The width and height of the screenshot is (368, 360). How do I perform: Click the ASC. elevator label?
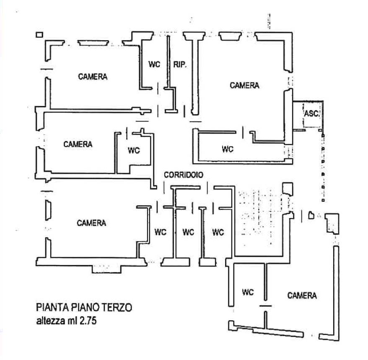(312, 114)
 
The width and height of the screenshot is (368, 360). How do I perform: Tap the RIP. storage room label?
(180, 64)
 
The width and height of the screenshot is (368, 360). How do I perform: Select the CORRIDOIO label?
(184, 175)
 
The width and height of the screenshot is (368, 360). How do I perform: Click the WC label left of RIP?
(154, 64)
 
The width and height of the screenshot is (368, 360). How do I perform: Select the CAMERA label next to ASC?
(244, 85)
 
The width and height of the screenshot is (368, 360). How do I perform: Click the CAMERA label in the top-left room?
(93, 77)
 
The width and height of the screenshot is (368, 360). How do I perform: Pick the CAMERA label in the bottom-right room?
(302, 295)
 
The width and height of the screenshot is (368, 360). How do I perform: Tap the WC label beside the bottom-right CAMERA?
(248, 292)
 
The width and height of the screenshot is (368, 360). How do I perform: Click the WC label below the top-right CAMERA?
(228, 149)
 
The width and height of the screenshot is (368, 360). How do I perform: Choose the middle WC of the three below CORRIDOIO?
(189, 232)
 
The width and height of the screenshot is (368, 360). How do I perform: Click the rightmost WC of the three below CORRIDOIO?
(218, 232)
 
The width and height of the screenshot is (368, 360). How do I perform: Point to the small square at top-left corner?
(39, 35)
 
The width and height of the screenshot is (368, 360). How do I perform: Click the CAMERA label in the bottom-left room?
(91, 223)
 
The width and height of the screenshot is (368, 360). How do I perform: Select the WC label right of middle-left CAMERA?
(134, 150)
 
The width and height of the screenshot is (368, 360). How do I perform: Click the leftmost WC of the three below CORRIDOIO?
(161, 232)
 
